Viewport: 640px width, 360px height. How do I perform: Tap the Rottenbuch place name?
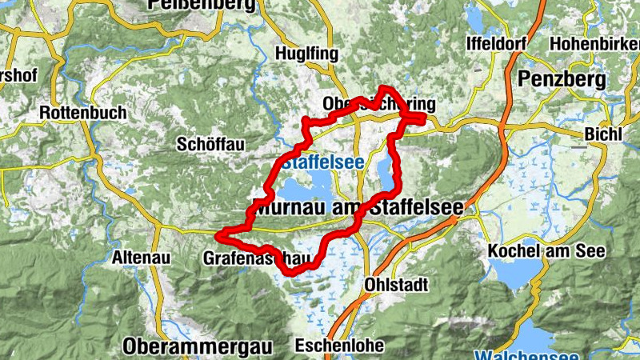(x=82, y=113)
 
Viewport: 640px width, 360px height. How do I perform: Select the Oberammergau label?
(x=198, y=346)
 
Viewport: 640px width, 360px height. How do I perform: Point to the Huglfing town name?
(x=302, y=53)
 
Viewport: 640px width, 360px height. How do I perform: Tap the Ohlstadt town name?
(x=397, y=284)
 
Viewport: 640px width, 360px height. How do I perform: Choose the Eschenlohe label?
(x=339, y=346)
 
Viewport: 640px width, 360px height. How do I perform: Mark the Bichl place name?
(x=602, y=134)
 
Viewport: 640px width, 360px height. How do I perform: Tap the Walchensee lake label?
(x=528, y=354)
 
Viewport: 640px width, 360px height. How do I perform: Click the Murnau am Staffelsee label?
(x=357, y=206)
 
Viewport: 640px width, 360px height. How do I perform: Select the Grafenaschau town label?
(x=256, y=258)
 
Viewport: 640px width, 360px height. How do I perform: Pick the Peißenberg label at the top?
(x=202, y=5)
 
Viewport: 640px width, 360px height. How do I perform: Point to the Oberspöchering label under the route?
(x=379, y=105)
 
